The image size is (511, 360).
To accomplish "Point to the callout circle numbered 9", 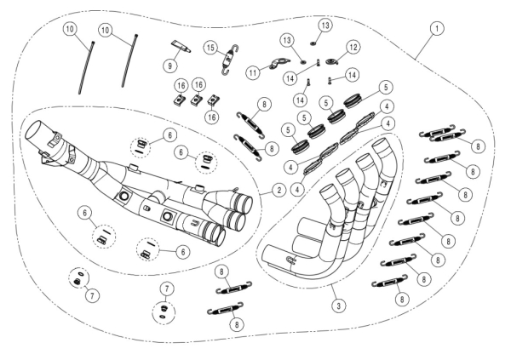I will [x=170, y=64].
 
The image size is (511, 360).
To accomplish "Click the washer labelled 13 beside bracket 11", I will [x=302, y=60].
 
